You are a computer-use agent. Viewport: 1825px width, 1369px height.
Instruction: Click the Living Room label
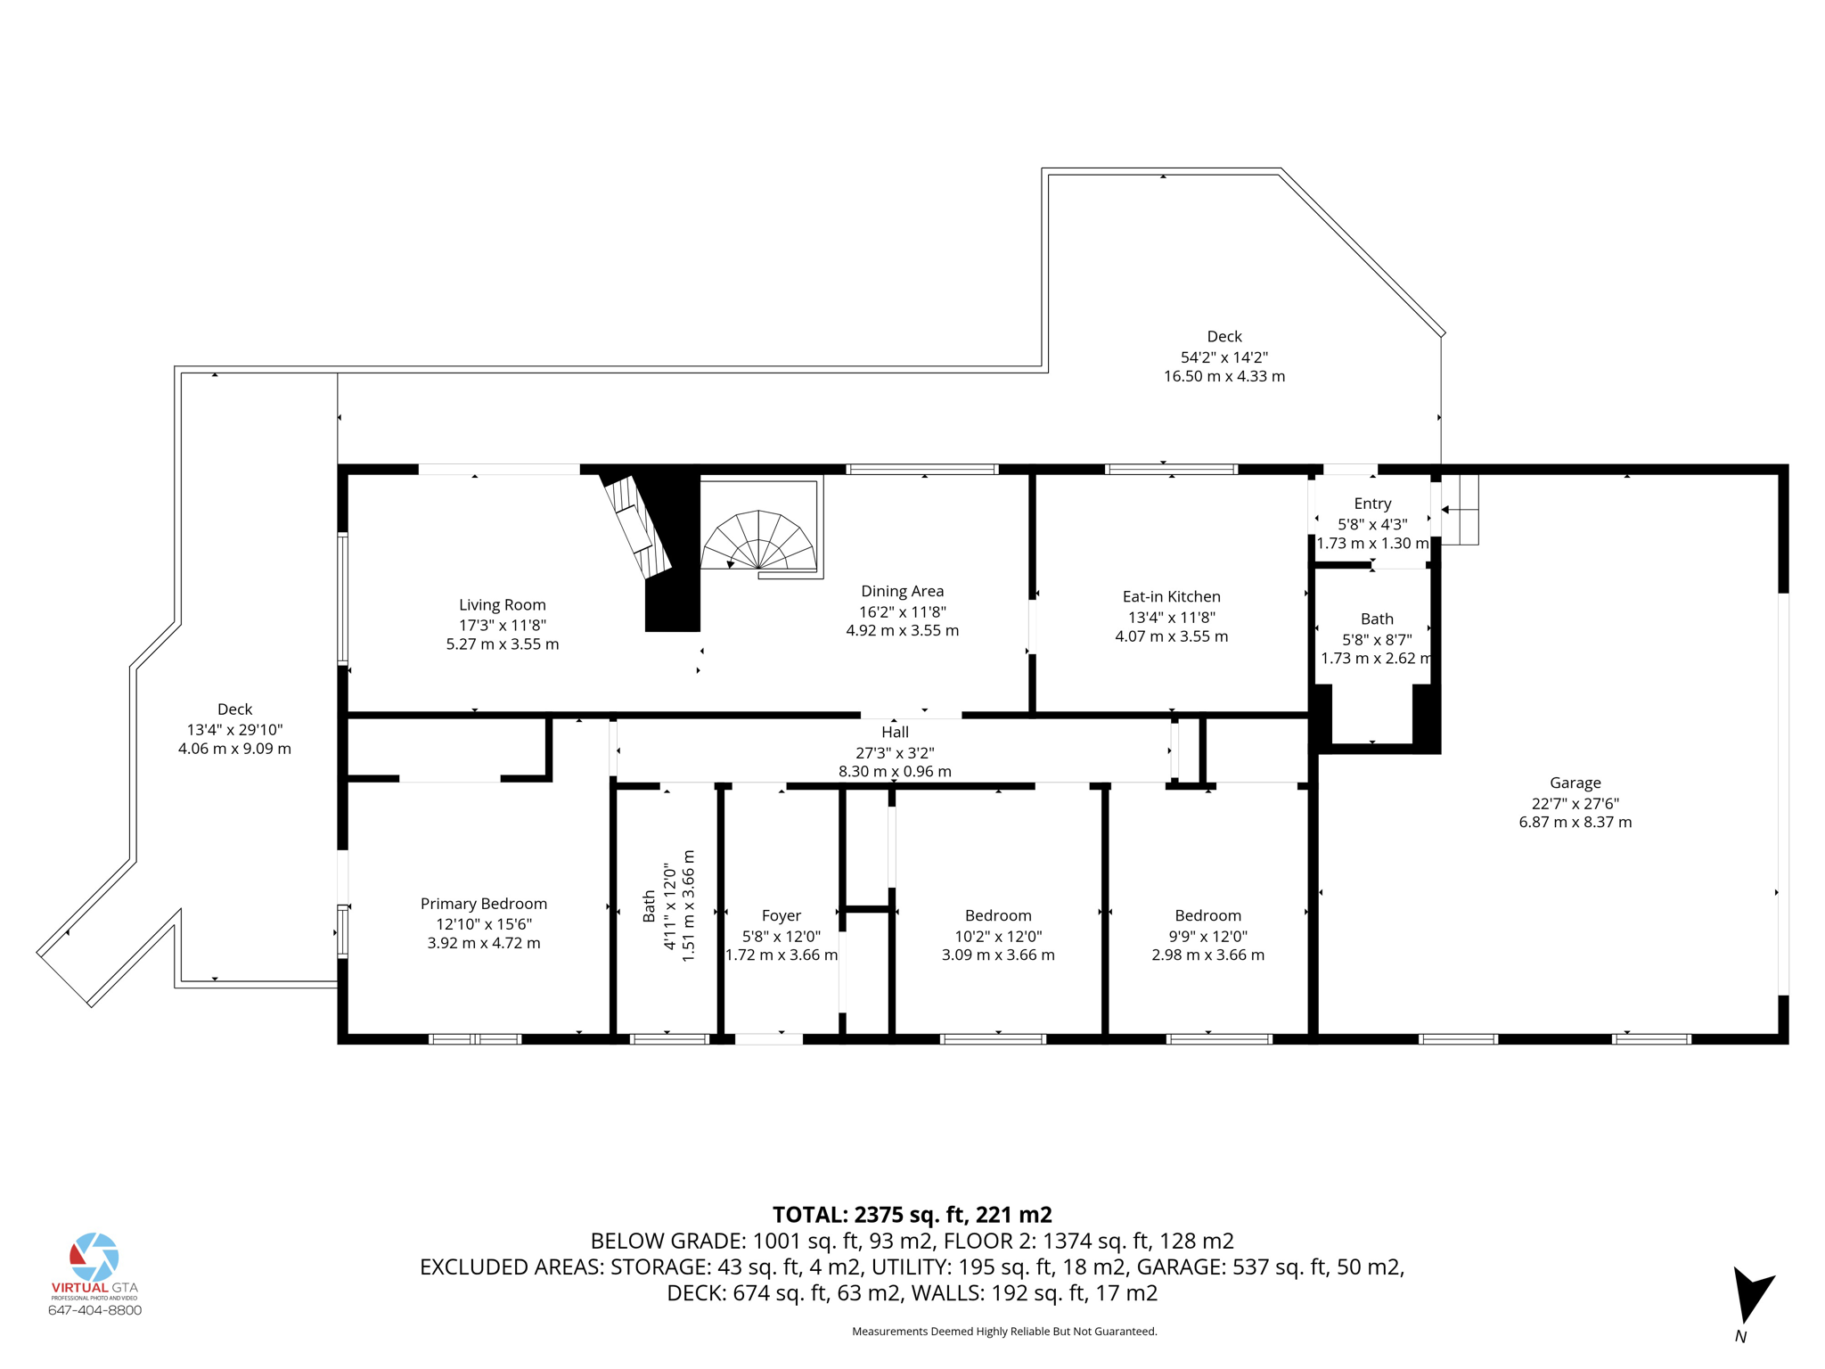pos(502,605)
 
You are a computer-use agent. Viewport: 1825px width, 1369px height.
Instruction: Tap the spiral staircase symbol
pos(758,541)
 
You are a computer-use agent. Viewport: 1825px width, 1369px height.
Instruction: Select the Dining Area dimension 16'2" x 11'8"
pos(902,611)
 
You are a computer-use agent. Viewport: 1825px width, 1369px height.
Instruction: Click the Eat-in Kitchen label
pos(1171,597)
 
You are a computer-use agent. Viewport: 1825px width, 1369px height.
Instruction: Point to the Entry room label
pos(1372,504)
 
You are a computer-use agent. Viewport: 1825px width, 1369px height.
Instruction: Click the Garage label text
pos(1575,783)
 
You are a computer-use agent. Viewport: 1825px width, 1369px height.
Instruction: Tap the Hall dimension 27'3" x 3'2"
pos(895,752)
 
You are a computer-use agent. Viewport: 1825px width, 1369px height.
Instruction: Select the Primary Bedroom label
pos(483,904)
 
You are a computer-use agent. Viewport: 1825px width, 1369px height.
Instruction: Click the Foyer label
pos(781,915)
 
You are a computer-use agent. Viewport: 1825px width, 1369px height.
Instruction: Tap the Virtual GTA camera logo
pos(94,1257)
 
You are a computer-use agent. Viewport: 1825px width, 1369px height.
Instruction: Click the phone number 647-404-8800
pos(94,1310)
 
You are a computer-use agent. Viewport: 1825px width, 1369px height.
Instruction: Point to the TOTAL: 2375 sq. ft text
pos(912,1215)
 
